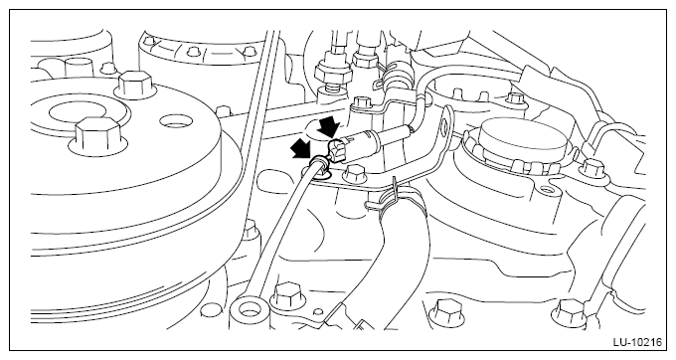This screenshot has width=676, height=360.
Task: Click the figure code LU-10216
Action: [x=637, y=342]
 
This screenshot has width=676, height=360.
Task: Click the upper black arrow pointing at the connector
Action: [x=328, y=126]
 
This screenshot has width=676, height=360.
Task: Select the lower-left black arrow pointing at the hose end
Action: [x=302, y=149]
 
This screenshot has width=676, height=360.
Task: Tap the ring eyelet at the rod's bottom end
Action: [x=246, y=308]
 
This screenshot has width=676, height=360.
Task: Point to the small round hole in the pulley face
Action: [x=175, y=122]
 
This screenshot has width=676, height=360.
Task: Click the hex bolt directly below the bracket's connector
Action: [x=354, y=175]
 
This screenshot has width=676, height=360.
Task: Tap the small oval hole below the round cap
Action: [x=546, y=189]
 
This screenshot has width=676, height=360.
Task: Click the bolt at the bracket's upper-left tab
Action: [x=360, y=102]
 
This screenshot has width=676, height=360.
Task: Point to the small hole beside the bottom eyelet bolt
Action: [x=319, y=311]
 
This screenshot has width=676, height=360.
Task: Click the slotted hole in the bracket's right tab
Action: [x=443, y=123]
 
